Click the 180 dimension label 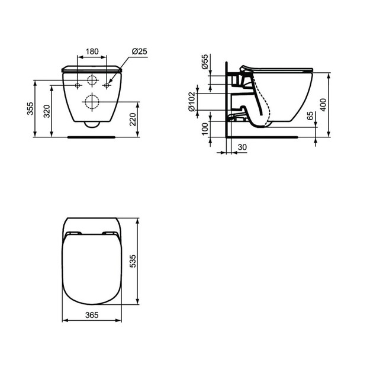(92, 51)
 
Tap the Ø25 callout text (140, 51)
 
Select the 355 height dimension (30, 108)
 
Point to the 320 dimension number (47, 111)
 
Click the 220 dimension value (133, 120)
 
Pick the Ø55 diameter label (205, 62)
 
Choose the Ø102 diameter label (192, 102)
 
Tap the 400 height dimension (323, 105)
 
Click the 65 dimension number (311, 115)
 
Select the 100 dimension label (205, 128)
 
